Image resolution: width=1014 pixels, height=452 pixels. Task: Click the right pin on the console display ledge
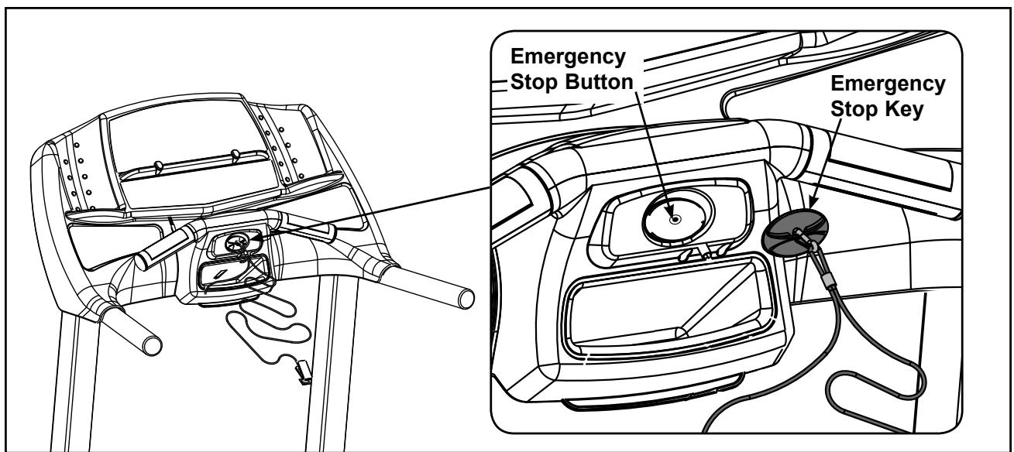[235, 154]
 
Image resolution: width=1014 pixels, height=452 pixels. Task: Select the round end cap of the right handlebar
[464, 297]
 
